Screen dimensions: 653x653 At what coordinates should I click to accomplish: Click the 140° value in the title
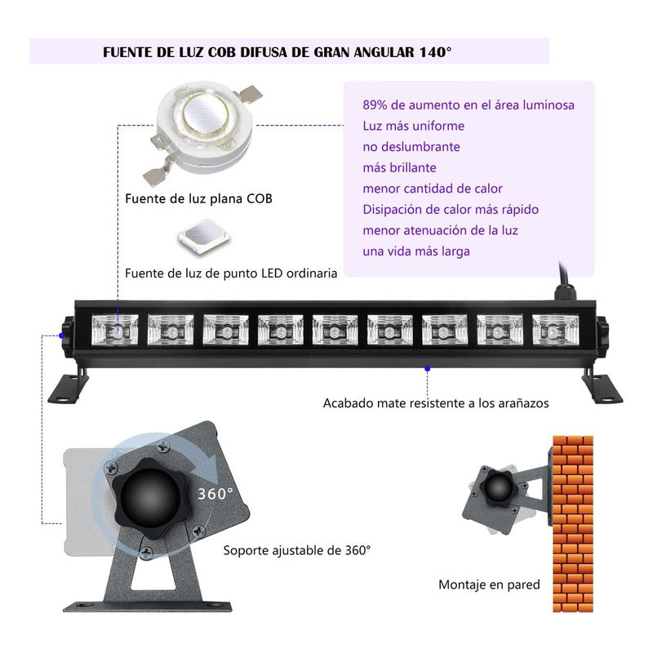pyautogui.click(x=434, y=51)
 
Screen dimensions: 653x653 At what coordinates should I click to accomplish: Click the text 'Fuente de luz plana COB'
pyautogui.click(x=198, y=198)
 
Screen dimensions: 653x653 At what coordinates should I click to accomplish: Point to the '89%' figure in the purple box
pyautogui.click(x=377, y=104)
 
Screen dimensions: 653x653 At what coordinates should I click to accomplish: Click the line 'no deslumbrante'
pyautogui.click(x=411, y=147)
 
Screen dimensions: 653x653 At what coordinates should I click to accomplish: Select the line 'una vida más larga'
pyautogui.click(x=416, y=251)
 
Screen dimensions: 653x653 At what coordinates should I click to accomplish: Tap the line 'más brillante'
pyautogui.click(x=399, y=168)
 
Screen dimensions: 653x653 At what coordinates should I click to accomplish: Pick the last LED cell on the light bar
pyautogui.click(x=555, y=331)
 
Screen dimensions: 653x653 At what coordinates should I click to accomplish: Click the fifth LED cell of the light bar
pyautogui.click(x=335, y=331)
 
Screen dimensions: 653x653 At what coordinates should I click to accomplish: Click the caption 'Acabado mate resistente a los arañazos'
pyautogui.click(x=436, y=403)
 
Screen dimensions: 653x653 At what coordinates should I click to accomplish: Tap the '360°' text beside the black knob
pyautogui.click(x=215, y=493)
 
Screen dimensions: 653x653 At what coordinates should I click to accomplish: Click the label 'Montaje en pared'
pyautogui.click(x=489, y=584)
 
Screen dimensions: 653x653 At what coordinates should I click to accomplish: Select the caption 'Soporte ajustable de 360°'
pyautogui.click(x=297, y=550)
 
